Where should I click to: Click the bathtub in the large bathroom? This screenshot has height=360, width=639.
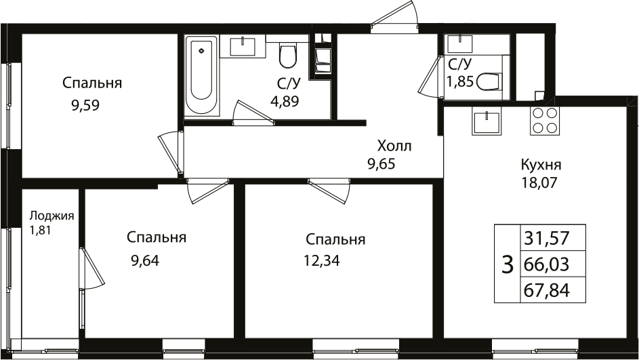click(x=201, y=75)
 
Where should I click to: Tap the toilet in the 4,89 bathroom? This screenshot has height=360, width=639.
click(x=288, y=57)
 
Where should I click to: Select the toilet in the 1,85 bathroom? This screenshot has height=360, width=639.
click(x=488, y=81)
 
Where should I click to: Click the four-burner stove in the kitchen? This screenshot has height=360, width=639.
click(x=545, y=120)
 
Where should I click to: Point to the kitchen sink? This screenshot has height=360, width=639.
click(x=487, y=120)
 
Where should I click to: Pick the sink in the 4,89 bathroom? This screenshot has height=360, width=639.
click(x=243, y=47)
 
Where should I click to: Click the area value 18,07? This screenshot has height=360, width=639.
click(x=539, y=182)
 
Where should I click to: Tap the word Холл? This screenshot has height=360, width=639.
click(x=394, y=146)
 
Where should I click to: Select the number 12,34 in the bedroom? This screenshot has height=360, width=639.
click(x=322, y=260)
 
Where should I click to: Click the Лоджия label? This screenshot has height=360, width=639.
click(x=51, y=216)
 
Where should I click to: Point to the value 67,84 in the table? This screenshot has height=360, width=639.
click(x=546, y=291)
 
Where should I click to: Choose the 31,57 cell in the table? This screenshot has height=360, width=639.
click(x=546, y=238)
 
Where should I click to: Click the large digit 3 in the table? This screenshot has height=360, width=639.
click(x=507, y=264)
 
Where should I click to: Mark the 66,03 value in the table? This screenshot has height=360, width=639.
click(x=546, y=264)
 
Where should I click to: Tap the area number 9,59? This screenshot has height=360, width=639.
click(x=85, y=106)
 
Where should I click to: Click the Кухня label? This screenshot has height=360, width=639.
click(x=541, y=165)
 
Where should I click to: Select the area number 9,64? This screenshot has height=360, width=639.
click(x=145, y=260)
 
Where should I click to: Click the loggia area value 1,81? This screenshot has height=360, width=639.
click(x=40, y=231)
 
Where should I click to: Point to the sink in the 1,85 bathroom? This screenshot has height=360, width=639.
click(x=460, y=44)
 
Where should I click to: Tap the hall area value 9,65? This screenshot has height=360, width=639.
click(x=381, y=164)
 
